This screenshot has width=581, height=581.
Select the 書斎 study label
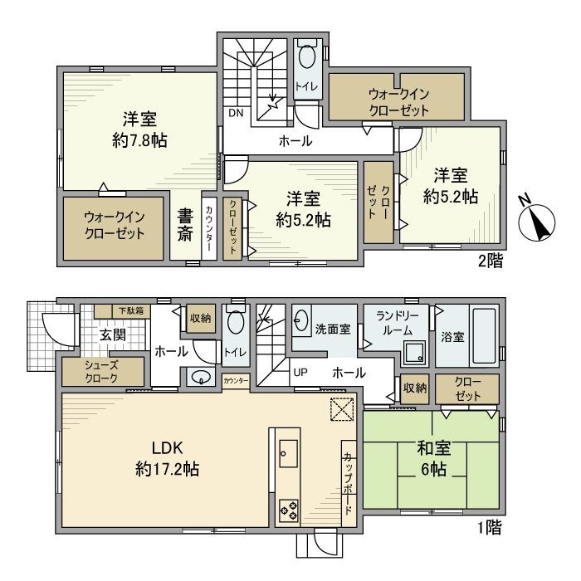click(x=185, y=225)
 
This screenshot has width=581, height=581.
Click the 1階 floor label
click(x=486, y=527)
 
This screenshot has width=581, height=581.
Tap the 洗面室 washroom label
click(x=332, y=329)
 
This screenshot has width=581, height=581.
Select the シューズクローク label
click(x=100, y=370)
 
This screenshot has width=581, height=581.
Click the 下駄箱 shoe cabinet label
click(x=129, y=310)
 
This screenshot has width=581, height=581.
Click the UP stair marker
click(x=300, y=373)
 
